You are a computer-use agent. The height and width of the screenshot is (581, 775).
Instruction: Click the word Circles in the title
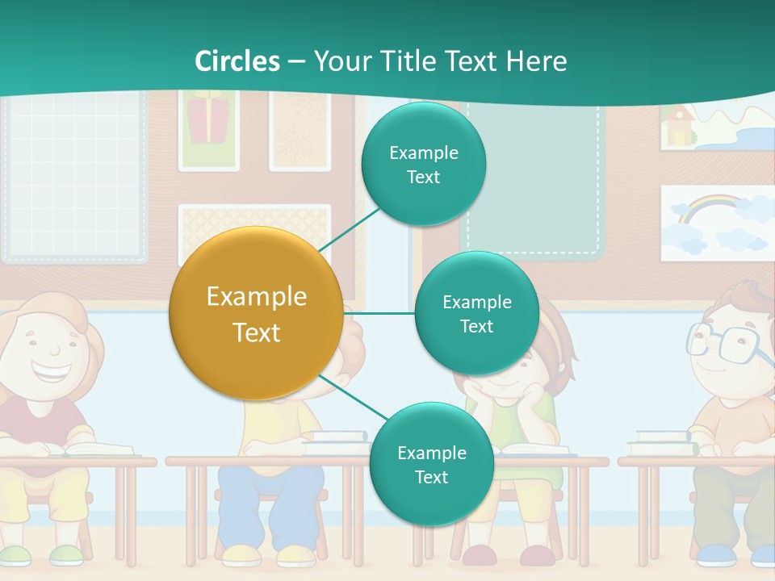point(237,61)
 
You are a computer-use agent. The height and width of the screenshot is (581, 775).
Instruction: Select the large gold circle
point(256,314)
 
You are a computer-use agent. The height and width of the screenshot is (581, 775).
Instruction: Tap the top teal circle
point(423,165)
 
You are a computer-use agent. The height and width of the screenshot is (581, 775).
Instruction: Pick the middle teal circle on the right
point(476,314)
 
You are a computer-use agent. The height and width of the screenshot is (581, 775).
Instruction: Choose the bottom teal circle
point(431,465)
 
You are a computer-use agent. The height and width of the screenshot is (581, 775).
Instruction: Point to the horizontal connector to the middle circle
point(379,313)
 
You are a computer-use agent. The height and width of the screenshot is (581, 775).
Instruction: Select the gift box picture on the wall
point(208,120)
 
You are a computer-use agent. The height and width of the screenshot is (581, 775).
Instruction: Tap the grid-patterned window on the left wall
point(74,179)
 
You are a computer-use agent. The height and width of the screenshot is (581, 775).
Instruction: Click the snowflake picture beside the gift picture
point(300,129)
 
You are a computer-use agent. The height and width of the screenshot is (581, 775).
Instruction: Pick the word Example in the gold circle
point(256,297)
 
